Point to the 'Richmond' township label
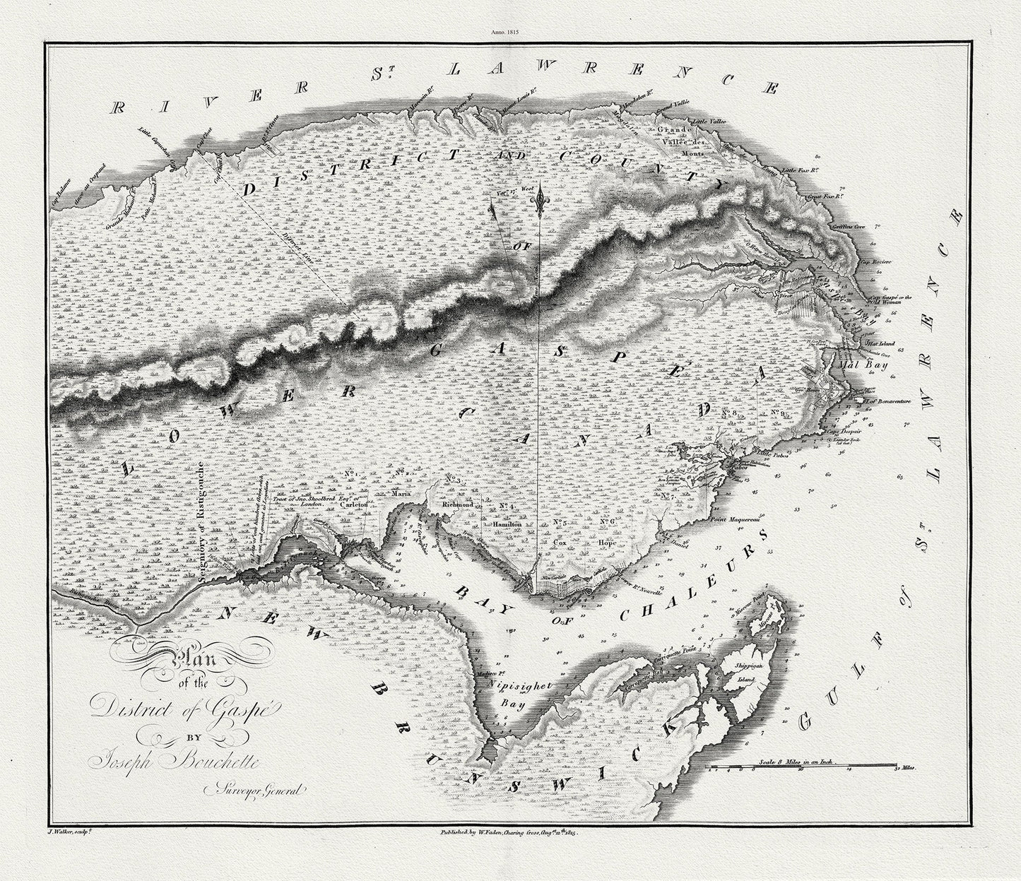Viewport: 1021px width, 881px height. click(457, 505)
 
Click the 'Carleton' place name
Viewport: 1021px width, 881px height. click(352, 506)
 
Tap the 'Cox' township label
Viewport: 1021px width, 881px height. click(560, 543)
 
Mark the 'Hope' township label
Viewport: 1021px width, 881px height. click(607, 543)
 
